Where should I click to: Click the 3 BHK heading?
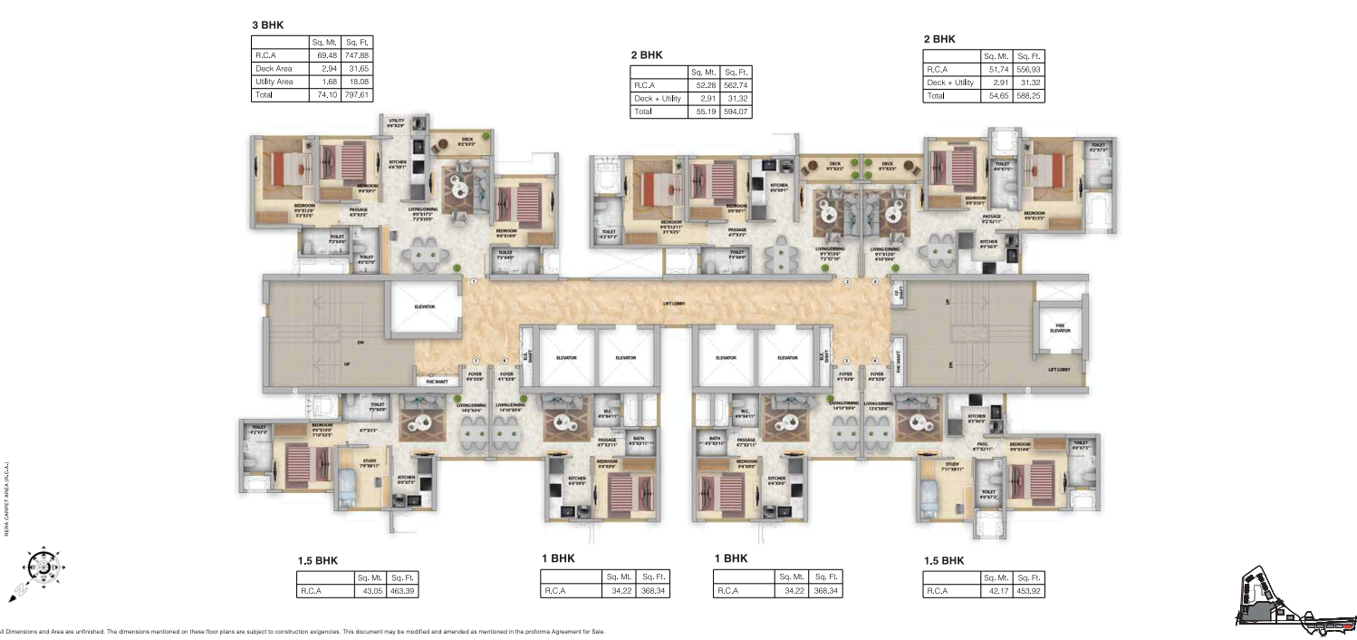[268, 24]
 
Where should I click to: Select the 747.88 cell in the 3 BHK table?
[357, 55]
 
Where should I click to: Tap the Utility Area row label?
[274, 82]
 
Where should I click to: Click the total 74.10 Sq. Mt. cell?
[325, 94]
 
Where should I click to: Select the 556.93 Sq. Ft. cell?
[1029, 69]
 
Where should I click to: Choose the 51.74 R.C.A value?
[997, 69]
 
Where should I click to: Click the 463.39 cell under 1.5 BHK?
[401, 591]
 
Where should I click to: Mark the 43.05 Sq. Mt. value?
[370, 591]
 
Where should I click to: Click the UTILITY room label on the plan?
[396, 122]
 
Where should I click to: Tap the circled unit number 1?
[474, 282]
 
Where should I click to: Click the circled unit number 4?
[875, 362]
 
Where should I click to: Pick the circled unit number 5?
[846, 362]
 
